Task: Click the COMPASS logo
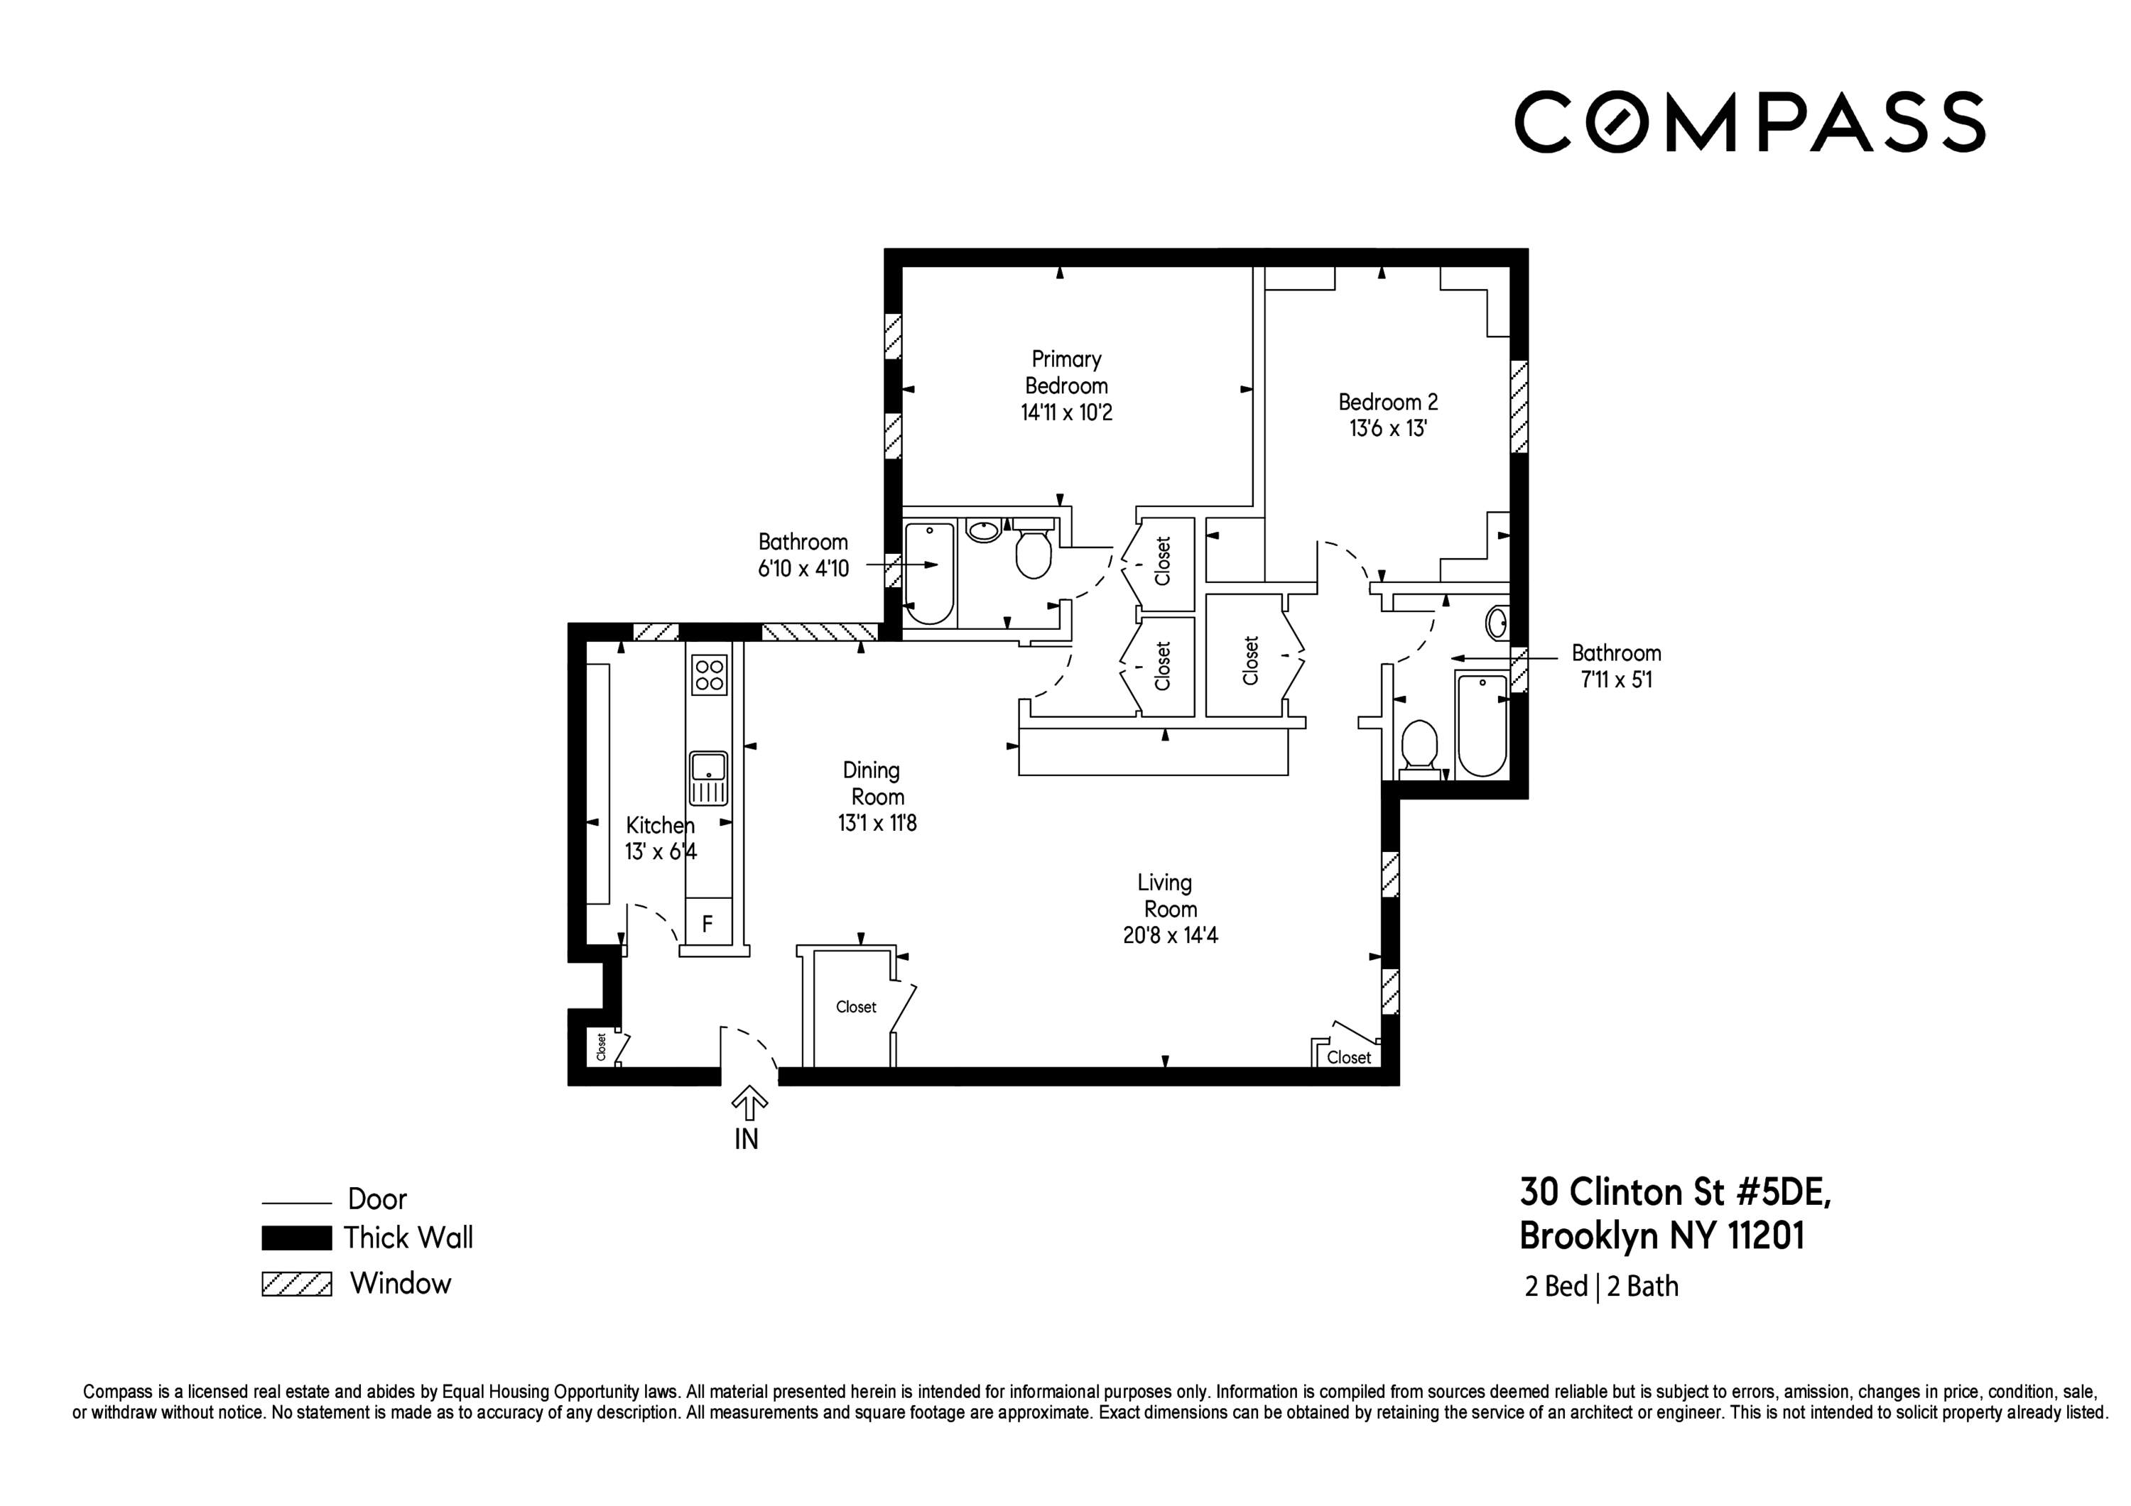pyautogui.click(x=1750, y=121)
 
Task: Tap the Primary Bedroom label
pyautogui.click(x=1066, y=372)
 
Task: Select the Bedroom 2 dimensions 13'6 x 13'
pyautogui.click(x=1387, y=429)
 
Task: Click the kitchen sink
pyautogui.click(x=708, y=777)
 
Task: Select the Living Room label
pyautogui.click(x=1166, y=895)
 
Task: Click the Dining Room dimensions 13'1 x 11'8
pyautogui.click(x=877, y=823)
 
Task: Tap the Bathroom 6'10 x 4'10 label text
pyautogui.click(x=803, y=555)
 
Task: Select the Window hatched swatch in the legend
pyautogui.click(x=296, y=1284)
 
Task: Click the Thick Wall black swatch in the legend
pyautogui.click(x=296, y=1238)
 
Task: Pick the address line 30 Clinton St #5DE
pyautogui.click(x=1675, y=1192)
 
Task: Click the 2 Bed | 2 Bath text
pyautogui.click(x=1601, y=1286)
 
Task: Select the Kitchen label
pyautogui.click(x=659, y=825)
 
